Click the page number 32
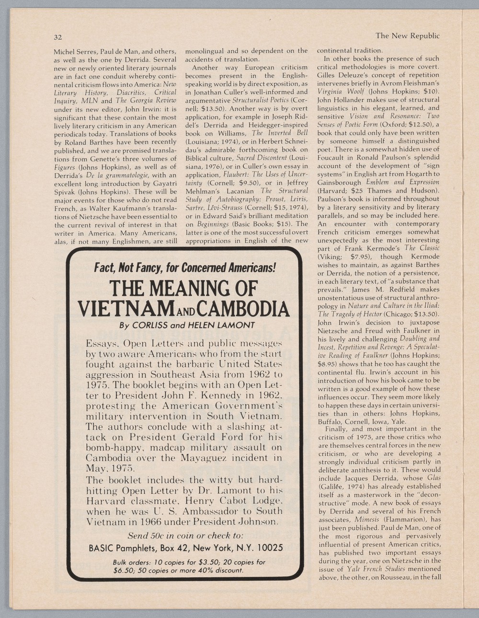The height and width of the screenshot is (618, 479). coord(58,37)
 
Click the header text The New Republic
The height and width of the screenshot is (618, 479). coord(407,35)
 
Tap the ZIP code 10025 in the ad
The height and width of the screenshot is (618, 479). coord(268,548)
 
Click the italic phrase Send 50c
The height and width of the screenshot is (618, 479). coord(148,535)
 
